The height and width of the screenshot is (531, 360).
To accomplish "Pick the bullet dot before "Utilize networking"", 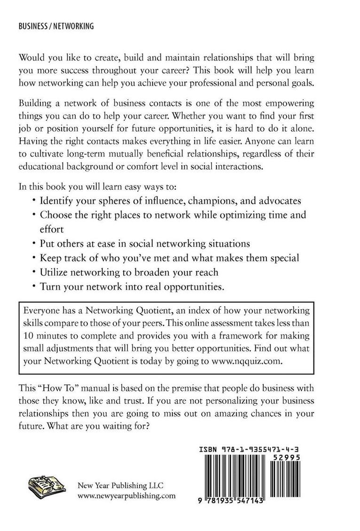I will pos(34,272).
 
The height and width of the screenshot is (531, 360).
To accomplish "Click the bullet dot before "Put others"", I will pos(34,244).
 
